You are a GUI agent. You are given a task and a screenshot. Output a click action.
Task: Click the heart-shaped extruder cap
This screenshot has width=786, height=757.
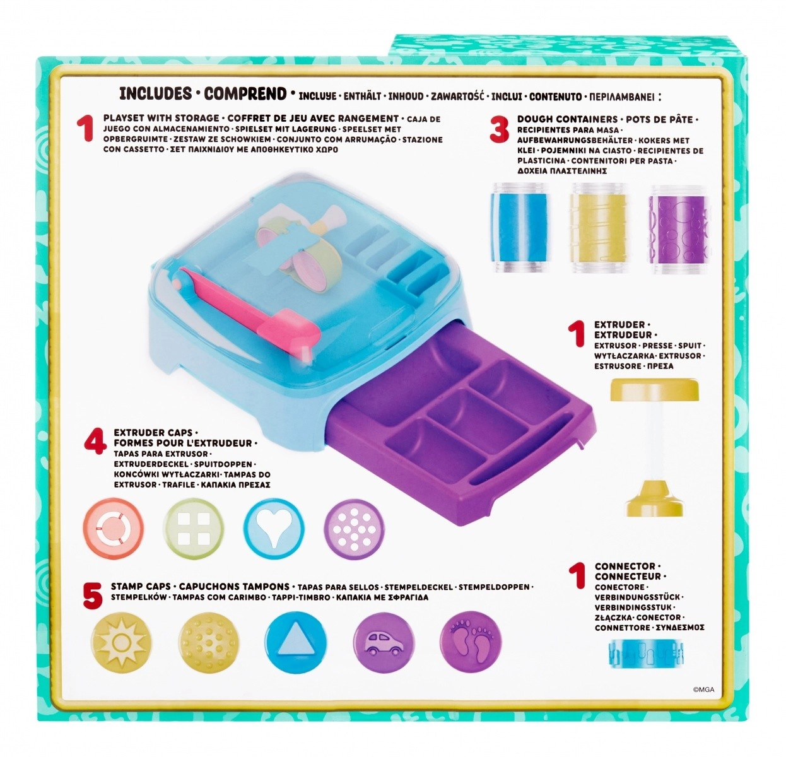(274, 529)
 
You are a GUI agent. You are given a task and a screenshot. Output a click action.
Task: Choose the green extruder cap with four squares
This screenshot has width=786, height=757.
(194, 529)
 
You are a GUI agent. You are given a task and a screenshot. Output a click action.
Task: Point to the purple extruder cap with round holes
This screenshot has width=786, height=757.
(355, 529)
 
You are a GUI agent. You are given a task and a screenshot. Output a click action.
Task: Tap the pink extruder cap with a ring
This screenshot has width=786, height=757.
(114, 529)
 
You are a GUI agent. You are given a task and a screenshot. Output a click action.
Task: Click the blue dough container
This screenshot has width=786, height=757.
(520, 228)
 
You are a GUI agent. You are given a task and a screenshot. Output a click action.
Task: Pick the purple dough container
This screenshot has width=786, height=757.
(679, 228)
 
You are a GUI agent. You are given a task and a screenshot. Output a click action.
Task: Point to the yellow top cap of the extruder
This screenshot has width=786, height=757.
(654, 389)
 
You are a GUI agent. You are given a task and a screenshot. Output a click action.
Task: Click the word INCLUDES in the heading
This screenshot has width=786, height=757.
(156, 94)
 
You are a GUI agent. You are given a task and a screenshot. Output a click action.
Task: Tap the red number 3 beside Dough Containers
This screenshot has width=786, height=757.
(499, 129)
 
